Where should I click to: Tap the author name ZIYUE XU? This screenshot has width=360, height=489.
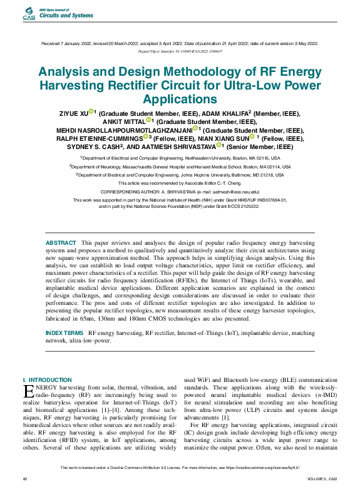[x=73, y=113]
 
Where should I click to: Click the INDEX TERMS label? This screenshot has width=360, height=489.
[x=65, y=332]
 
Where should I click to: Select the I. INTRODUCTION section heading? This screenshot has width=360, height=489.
[x=47, y=379]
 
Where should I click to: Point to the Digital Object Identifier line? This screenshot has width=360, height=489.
[x=180, y=51]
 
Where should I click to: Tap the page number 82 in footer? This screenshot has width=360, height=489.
[x=26, y=478]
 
